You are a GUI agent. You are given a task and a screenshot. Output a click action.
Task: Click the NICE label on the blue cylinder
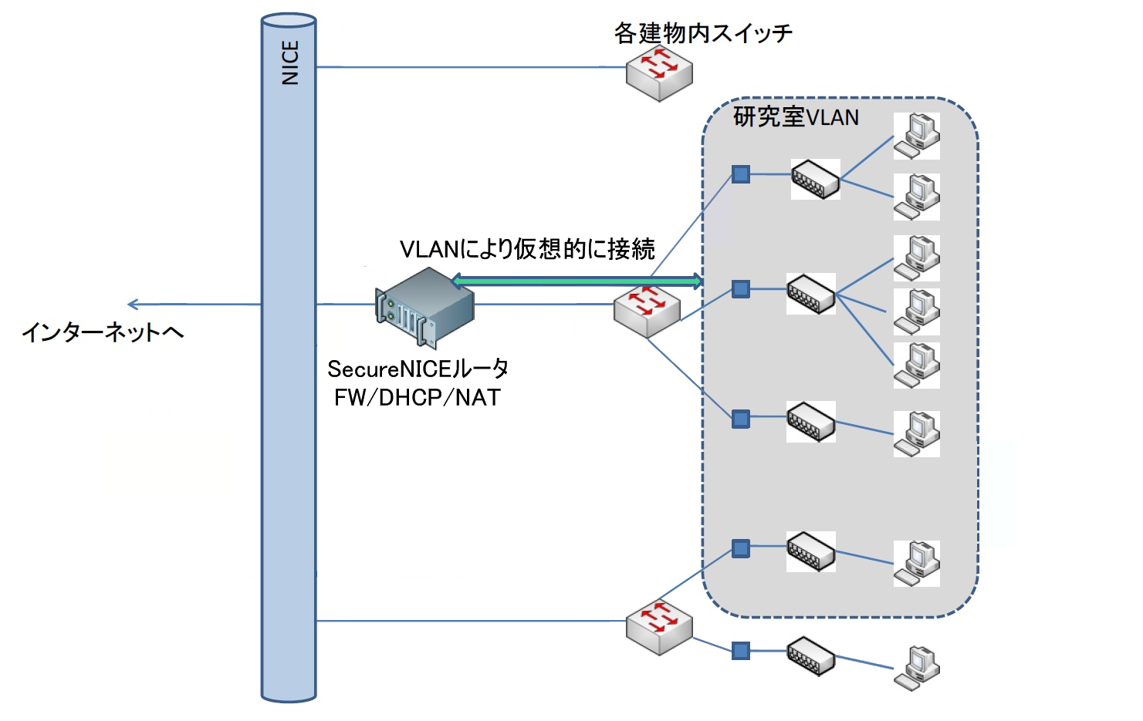coord(290,62)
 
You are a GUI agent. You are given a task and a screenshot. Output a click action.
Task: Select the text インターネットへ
coord(103,332)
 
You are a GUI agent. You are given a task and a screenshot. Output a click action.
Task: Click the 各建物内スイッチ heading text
coord(702,33)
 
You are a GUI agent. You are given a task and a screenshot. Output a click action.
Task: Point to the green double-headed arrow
coord(577,281)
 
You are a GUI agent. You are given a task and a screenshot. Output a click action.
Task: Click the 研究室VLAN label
coord(796,117)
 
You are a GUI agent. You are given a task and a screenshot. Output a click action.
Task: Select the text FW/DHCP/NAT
coord(418,398)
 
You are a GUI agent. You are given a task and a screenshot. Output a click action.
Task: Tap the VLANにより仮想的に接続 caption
coord(527,249)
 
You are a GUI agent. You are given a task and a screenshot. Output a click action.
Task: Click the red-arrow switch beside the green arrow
coord(647,311)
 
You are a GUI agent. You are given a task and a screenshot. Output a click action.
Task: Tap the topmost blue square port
coord(741,174)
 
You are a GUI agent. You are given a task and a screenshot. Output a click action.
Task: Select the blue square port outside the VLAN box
coord(741,651)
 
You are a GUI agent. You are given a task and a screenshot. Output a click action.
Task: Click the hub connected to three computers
coord(811,293)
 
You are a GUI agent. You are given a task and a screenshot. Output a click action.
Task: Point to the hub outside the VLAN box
coord(811,655)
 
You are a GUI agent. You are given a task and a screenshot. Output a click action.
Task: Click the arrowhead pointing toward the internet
coord(134,305)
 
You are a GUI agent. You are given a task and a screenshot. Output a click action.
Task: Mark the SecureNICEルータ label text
coord(418,369)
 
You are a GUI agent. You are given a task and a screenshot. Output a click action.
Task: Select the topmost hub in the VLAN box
coord(816,179)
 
